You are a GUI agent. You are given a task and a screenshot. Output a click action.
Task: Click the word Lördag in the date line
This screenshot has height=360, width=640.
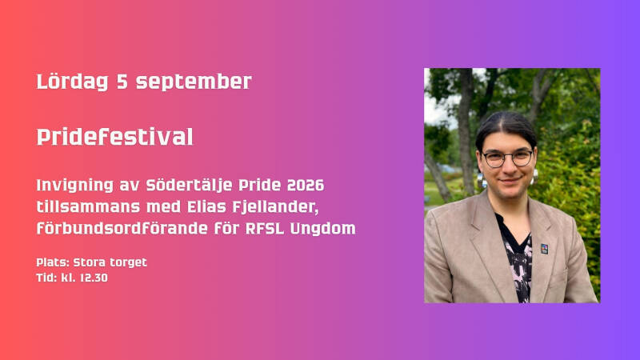point(72,82)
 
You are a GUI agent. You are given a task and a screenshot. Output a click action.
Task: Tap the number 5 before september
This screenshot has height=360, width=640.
point(122,82)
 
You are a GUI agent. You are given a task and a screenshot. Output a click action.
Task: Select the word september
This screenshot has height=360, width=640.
point(194,82)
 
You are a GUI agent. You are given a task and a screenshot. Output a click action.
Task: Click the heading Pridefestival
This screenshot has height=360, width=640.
point(114,137)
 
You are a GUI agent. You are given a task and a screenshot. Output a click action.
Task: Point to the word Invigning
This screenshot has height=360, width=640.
point(74,186)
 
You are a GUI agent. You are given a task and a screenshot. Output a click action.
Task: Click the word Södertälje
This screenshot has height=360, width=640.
point(190,186)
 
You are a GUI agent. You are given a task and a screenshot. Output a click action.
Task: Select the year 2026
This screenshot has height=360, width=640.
point(306,186)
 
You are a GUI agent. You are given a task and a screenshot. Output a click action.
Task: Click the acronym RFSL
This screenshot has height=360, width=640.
point(265,229)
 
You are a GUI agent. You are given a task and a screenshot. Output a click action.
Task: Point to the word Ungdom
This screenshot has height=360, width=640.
point(322,229)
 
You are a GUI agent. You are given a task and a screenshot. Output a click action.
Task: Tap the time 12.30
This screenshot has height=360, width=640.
point(94,278)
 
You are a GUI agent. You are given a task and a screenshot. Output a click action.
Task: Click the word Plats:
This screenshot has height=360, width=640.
point(53,262)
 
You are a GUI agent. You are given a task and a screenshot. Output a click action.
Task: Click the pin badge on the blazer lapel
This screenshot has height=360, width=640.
point(545,249)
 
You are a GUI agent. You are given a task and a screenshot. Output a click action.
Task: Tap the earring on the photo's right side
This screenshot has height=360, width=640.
point(534,177)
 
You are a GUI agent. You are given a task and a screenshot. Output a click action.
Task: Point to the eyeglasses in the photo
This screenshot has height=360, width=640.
point(507,158)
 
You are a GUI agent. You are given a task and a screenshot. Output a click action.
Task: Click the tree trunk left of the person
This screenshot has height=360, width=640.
point(465,130)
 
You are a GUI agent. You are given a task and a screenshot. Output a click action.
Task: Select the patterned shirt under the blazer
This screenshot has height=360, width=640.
point(517,262)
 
